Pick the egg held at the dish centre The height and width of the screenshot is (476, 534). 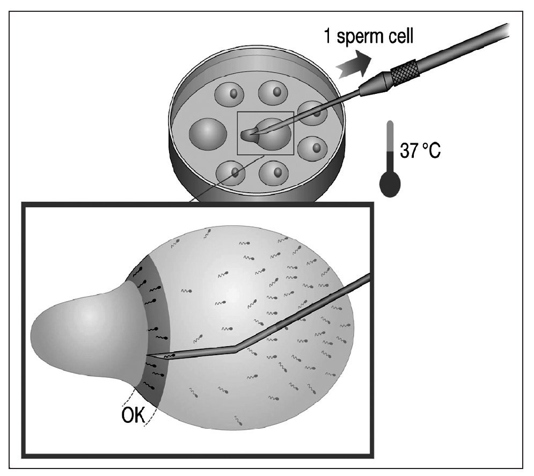pyautogui.click(x=274, y=134)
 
